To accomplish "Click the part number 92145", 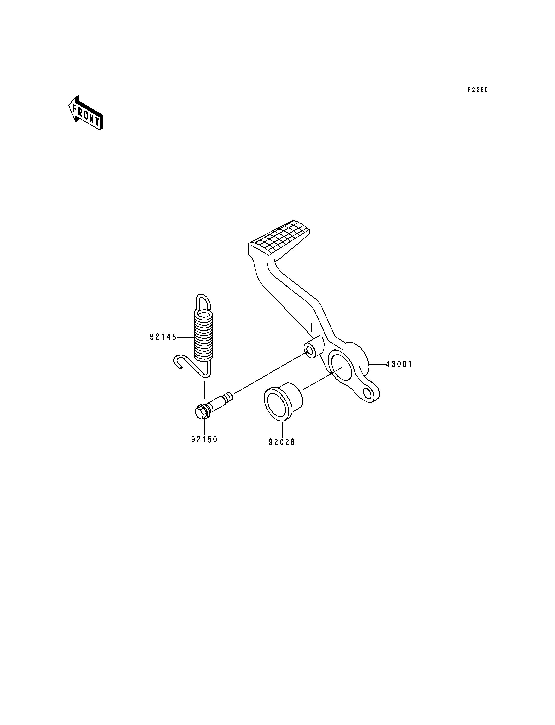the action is (x=163, y=337).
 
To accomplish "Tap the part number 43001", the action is (x=399, y=364).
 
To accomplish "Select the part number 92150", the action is (x=204, y=440).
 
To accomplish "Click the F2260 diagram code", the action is (x=478, y=90).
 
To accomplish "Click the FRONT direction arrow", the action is (x=86, y=113).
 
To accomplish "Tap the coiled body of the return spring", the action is (x=203, y=336).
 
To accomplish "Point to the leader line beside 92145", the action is (x=186, y=337).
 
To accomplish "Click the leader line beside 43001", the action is (x=377, y=364).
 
